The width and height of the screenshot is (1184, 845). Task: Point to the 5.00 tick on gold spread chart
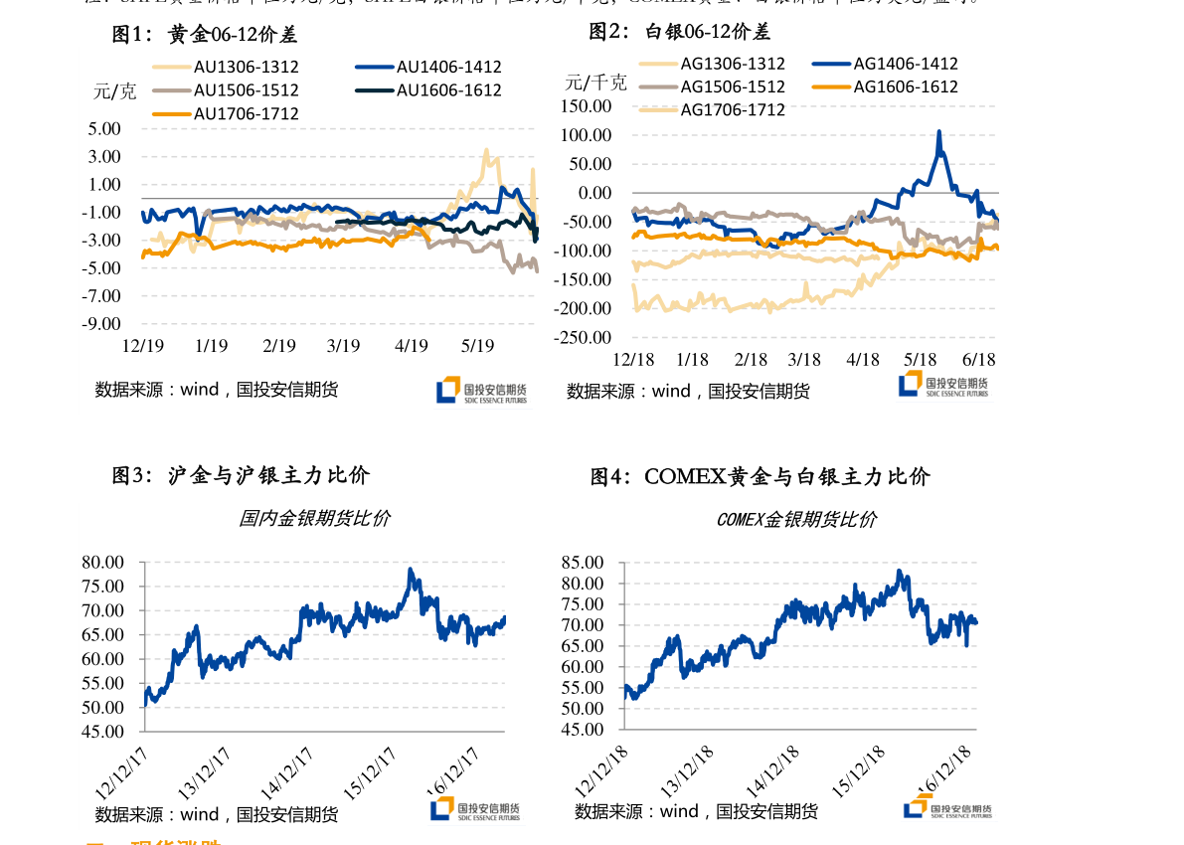pyautogui.click(x=104, y=128)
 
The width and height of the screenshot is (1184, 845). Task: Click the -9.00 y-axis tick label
pyautogui.click(x=102, y=323)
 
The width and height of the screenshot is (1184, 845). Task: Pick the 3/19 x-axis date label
pyautogui.click(x=343, y=346)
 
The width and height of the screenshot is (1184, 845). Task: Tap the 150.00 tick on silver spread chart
pyautogui.click(x=586, y=105)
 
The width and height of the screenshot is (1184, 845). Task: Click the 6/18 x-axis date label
pyautogui.click(x=979, y=360)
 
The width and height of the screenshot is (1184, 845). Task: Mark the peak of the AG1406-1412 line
pyautogui.click(x=938, y=131)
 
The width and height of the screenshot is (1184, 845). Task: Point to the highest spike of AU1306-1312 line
pyautogui.click(x=485, y=151)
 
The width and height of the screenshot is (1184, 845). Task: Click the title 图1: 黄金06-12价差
pyautogui.click(x=205, y=35)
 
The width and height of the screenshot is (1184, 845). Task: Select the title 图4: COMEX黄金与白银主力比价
pyautogui.click(x=760, y=477)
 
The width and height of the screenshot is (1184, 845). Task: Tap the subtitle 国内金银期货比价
pyautogui.click(x=314, y=518)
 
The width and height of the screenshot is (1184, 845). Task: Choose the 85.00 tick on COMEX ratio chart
pyautogui.click(x=582, y=562)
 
